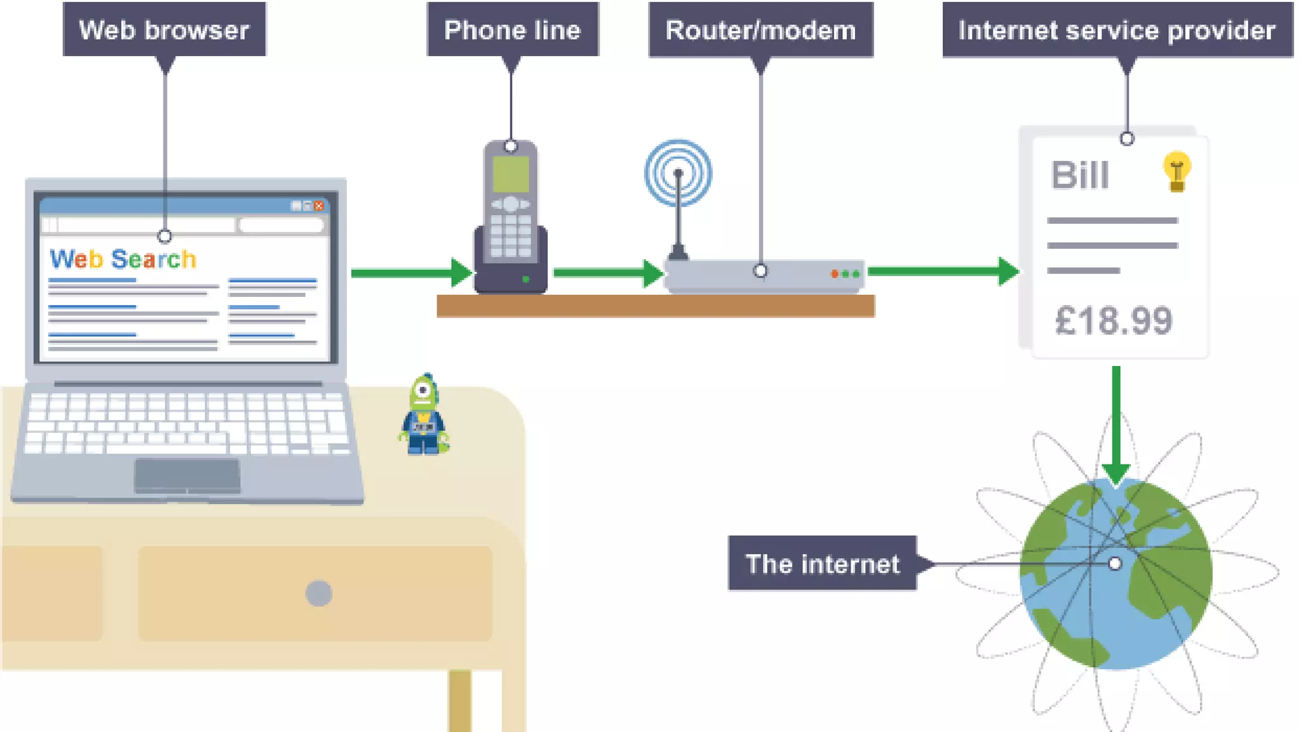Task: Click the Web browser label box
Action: [164, 30]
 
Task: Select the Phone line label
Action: [512, 30]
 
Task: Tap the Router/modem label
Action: [760, 30]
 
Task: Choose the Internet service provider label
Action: [1117, 30]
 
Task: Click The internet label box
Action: [822, 564]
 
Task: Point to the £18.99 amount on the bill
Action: [1113, 321]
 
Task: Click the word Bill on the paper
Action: [1080, 175]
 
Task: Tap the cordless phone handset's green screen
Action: [511, 173]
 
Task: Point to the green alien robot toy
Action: [424, 416]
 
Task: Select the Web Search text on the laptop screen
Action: [123, 259]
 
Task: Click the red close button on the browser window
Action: [319, 206]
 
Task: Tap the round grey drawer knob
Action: [318, 593]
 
